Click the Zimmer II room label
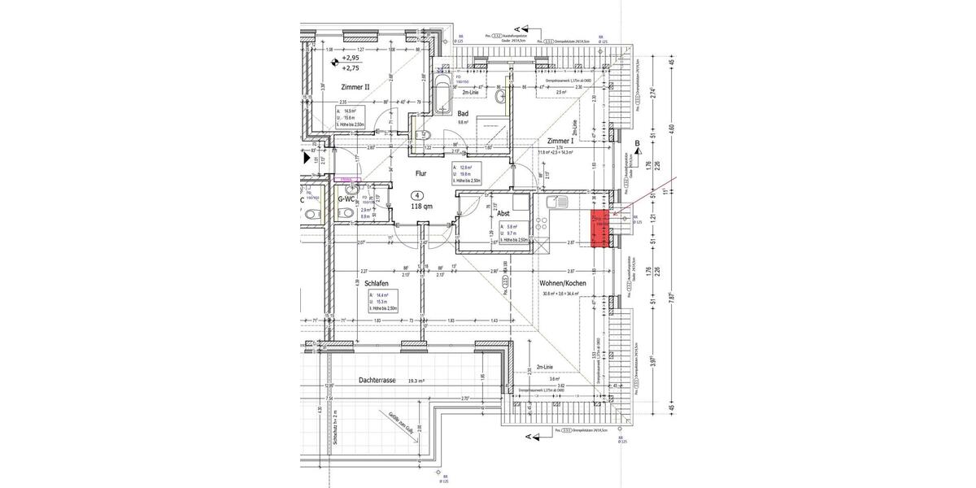[x=356, y=86]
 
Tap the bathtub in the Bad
[x=442, y=97]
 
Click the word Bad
[x=463, y=113]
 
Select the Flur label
[x=421, y=173]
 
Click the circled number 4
[x=417, y=195]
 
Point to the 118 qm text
[x=421, y=207]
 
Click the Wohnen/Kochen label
[x=563, y=283]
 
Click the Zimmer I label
[x=560, y=141]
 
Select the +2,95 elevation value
[x=351, y=59]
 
